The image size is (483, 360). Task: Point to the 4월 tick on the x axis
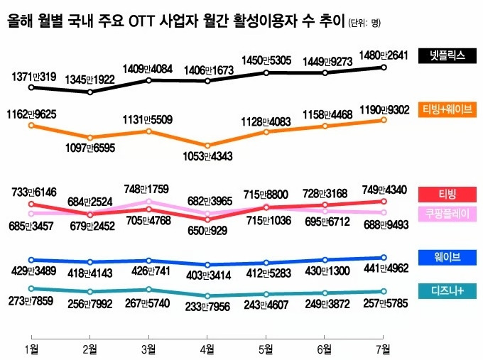click(207, 348)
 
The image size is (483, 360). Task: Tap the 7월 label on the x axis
click(383, 348)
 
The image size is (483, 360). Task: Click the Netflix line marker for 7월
click(384, 67)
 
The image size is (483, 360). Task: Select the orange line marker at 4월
click(207, 146)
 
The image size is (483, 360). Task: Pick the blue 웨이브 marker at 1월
click(31, 260)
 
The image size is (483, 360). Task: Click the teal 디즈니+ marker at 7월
click(384, 291)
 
